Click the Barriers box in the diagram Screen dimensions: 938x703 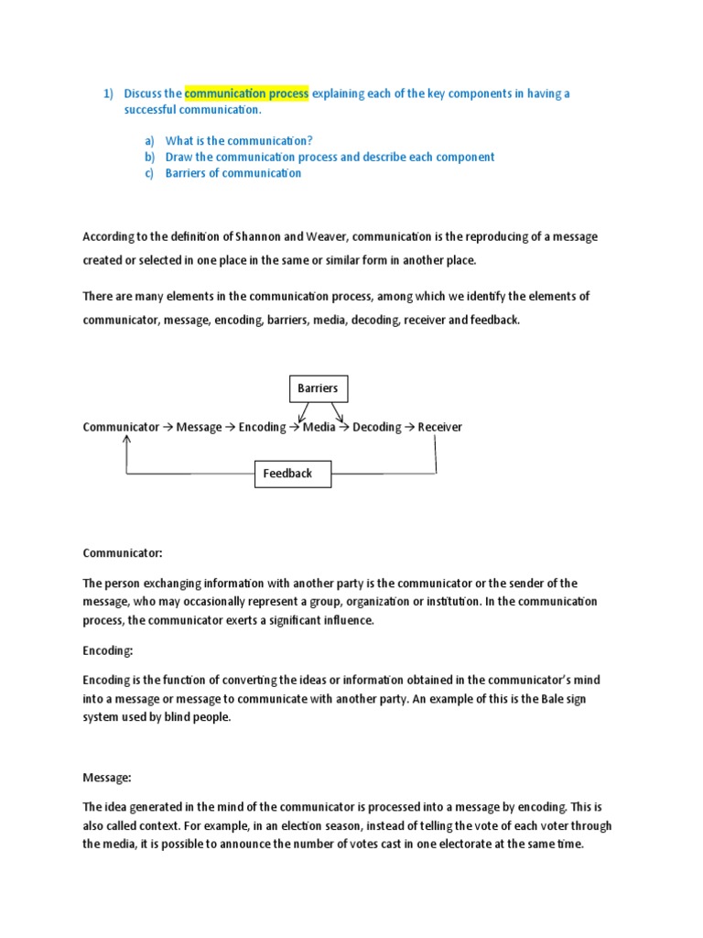[318, 388]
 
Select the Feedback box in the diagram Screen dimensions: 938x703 [287, 474]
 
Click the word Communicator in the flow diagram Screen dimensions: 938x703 [121, 427]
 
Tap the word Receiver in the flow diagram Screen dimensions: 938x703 [440, 427]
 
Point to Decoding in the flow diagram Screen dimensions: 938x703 [376, 427]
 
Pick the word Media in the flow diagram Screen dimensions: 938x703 [319, 427]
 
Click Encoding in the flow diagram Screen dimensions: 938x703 [262, 427]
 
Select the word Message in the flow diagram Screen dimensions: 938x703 [199, 427]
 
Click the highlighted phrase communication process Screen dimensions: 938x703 [246, 93]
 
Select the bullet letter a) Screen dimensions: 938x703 [149, 140]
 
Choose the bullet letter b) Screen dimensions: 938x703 [149, 157]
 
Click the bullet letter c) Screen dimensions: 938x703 [149, 173]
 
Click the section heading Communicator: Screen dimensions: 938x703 [123, 553]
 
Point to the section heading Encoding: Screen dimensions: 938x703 [108, 650]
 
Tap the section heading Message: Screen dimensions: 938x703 [107, 778]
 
